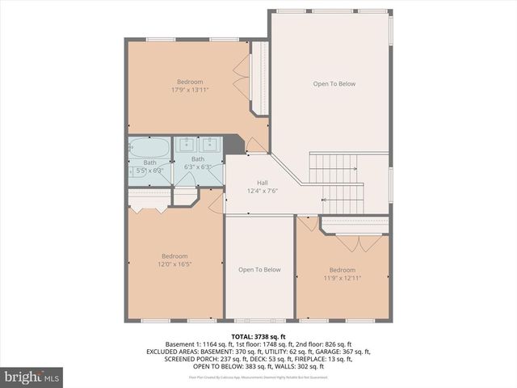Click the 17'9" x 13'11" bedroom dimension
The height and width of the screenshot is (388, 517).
coord(191,90)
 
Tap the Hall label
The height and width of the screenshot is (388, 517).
coord(262,183)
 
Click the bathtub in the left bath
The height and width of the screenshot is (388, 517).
coord(149,148)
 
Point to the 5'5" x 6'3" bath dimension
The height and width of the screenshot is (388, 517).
coord(149,171)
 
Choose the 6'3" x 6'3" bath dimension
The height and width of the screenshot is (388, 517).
coord(198,167)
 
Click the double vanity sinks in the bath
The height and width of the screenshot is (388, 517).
coord(198,145)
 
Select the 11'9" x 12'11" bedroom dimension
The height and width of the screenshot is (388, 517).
coord(342,278)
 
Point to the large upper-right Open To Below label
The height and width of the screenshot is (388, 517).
coord(334,84)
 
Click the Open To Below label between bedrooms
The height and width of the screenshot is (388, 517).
coord(259,270)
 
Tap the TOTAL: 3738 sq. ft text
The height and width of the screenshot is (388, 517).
coord(258,335)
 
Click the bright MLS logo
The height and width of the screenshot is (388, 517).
coord(32,377)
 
